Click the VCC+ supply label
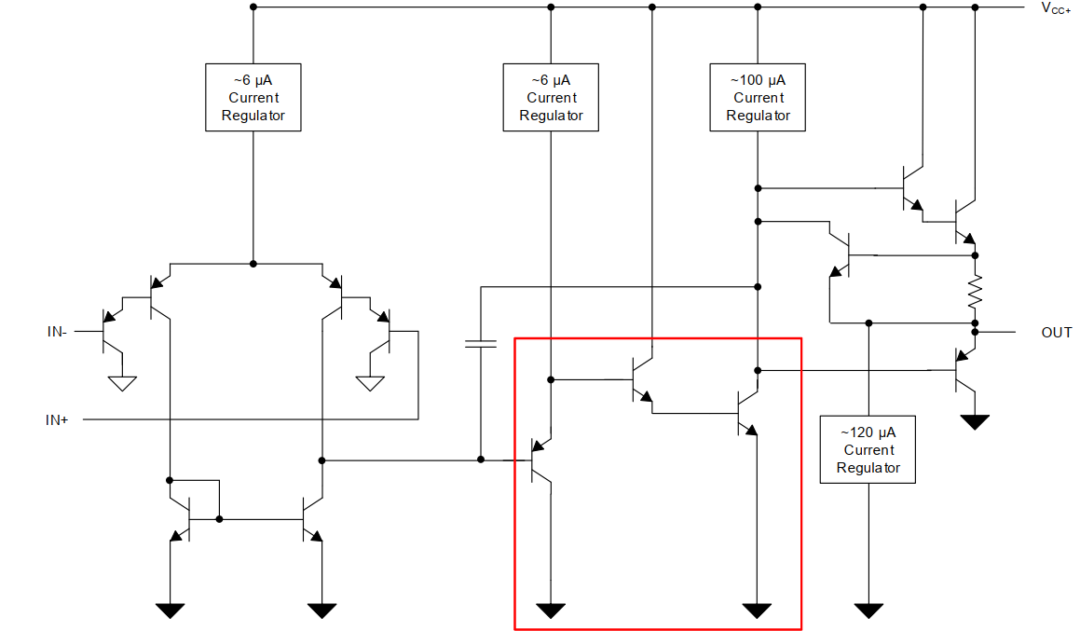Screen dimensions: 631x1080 pyautogui.click(x=1056, y=8)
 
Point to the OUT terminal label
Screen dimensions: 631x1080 pyautogui.click(x=1057, y=333)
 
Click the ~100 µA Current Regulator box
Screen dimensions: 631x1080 pyautogui.click(x=758, y=97)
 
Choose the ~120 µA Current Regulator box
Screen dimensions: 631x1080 pyautogui.click(x=868, y=449)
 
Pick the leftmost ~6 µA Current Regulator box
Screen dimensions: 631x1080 pyautogui.click(x=253, y=97)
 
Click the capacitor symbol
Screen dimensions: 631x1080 pyautogui.click(x=480, y=344)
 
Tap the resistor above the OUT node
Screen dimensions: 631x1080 pyautogui.click(x=975, y=293)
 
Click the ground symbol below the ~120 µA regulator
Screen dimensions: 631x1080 pyautogui.click(x=868, y=610)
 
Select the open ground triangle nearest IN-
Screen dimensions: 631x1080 pyautogui.click(x=122, y=382)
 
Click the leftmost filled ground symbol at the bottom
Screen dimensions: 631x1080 pyautogui.click(x=170, y=610)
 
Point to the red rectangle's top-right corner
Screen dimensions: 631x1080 pyautogui.click(x=800, y=338)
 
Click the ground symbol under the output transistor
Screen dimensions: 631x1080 pyautogui.click(x=975, y=422)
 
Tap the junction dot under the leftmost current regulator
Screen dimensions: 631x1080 pyautogui.click(x=253, y=264)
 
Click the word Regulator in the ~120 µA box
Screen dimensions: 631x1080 pyautogui.click(x=868, y=467)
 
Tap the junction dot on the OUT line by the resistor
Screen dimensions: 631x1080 pyautogui.click(x=975, y=332)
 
